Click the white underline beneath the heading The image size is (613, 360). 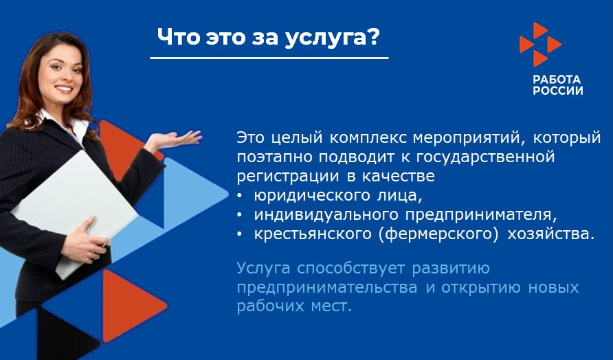(269, 58)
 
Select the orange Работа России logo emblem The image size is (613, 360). (539, 44)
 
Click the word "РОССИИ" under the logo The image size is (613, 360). (557, 91)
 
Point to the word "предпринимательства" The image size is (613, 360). (326, 286)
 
